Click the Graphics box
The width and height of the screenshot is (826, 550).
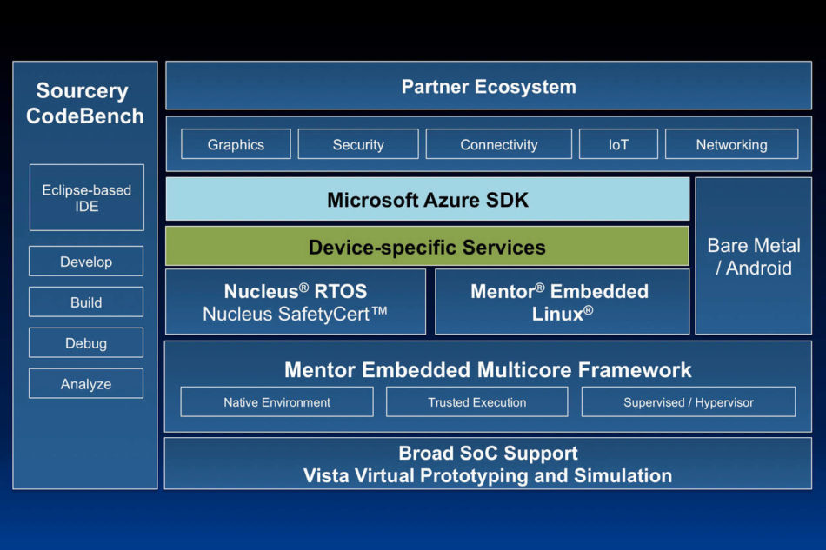pyautogui.click(x=236, y=144)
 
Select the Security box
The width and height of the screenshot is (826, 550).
pyautogui.click(x=358, y=144)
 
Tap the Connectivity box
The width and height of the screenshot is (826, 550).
pyautogui.click(x=499, y=144)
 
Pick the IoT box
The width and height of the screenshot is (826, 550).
pyautogui.click(x=618, y=144)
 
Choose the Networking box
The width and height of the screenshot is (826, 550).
pyautogui.click(x=731, y=144)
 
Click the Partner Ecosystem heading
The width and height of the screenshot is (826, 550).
pyautogui.click(x=489, y=87)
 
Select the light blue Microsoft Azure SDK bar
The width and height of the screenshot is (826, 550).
pyautogui.click(x=428, y=200)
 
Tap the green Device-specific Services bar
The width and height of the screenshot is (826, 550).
pyautogui.click(x=427, y=247)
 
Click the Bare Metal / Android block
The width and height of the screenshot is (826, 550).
pyautogui.click(x=753, y=256)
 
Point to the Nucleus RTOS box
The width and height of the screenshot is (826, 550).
pyautogui.click(x=296, y=302)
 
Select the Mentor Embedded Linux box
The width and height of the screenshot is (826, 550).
pyautogui.click(x=562, y=302)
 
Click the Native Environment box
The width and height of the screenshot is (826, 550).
pyautogui.click(x=276, y=402)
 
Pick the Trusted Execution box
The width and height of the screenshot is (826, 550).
pyautogui.click(x=476, y=402)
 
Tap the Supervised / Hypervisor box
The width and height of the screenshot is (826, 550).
pyautogui.click(x=689, y=402)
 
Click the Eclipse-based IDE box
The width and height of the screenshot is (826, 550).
pyautogui.click(x=86, y=198)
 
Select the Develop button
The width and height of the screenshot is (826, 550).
pyautogui.click(x=86, y=262)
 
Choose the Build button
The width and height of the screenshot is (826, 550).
pyautogui.click(x=86, y=302)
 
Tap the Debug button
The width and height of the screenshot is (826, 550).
pyautogui.click(x=86, y=343)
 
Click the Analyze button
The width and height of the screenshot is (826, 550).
pyautogui.click(x=86, y=384)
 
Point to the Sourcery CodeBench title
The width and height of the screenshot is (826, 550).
pyautogui.click(x=84, y=103)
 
